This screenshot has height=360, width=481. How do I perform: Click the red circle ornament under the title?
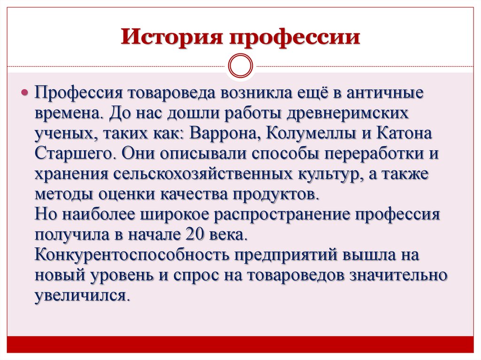point(240,66)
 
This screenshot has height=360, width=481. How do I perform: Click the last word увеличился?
point(80,296)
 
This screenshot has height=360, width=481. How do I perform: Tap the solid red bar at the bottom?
point(240,344)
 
